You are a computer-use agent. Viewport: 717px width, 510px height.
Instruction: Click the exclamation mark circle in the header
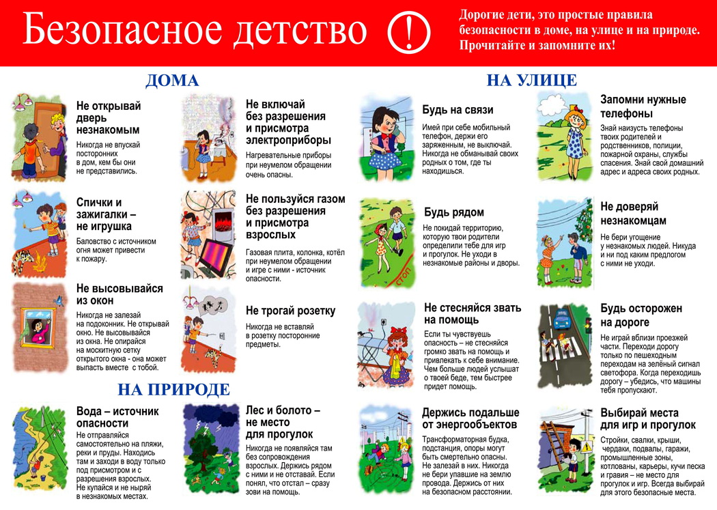(x=409, y=31)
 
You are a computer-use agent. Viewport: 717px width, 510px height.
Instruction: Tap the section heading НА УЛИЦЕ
(x=531, y=80)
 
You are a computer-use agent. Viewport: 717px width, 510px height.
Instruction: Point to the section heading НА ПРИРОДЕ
(x=173, y=390)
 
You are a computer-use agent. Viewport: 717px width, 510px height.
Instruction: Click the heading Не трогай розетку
(x=290, y=311)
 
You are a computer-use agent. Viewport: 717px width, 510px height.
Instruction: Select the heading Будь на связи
(x=457, y=110)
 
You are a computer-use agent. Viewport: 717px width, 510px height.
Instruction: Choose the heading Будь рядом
(x=453, y=212)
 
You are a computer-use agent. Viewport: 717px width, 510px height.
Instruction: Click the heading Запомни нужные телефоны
(x=643, y=107)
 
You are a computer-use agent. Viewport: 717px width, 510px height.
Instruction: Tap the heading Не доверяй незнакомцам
(x=633, y=213)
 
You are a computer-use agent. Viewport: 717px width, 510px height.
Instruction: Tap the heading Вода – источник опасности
(x=117, y=417)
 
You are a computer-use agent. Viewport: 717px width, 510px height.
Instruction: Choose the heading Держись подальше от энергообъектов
(x=470, y=419)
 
